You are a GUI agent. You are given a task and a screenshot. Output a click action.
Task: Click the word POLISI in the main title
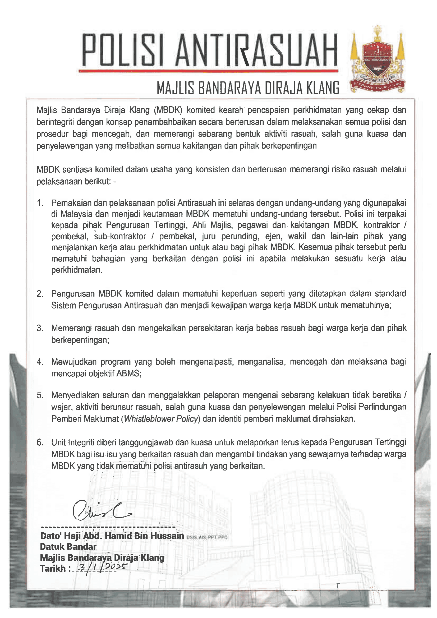click(x=123, y=50)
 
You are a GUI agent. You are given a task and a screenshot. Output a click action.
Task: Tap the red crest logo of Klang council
click(x=377, y=61)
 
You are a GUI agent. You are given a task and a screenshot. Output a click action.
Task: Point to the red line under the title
click(x=208, y=71)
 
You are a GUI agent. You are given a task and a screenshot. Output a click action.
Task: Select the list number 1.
click(x=40, y=203)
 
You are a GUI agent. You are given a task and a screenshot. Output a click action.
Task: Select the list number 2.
click(x=40, y=294)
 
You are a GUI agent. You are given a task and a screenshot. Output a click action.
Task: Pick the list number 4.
click(x=40, y=362)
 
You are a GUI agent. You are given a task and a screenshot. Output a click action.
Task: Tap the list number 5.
click(x=40, y=395)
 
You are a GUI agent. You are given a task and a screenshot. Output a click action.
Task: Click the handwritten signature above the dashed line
click(x=101, y=511)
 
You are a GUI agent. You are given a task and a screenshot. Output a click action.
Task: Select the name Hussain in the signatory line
click(x=167, y=536)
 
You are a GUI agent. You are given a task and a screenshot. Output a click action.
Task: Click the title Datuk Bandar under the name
click(x=68, y=547)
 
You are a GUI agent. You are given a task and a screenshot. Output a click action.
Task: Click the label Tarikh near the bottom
click(x=53, y=569)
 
